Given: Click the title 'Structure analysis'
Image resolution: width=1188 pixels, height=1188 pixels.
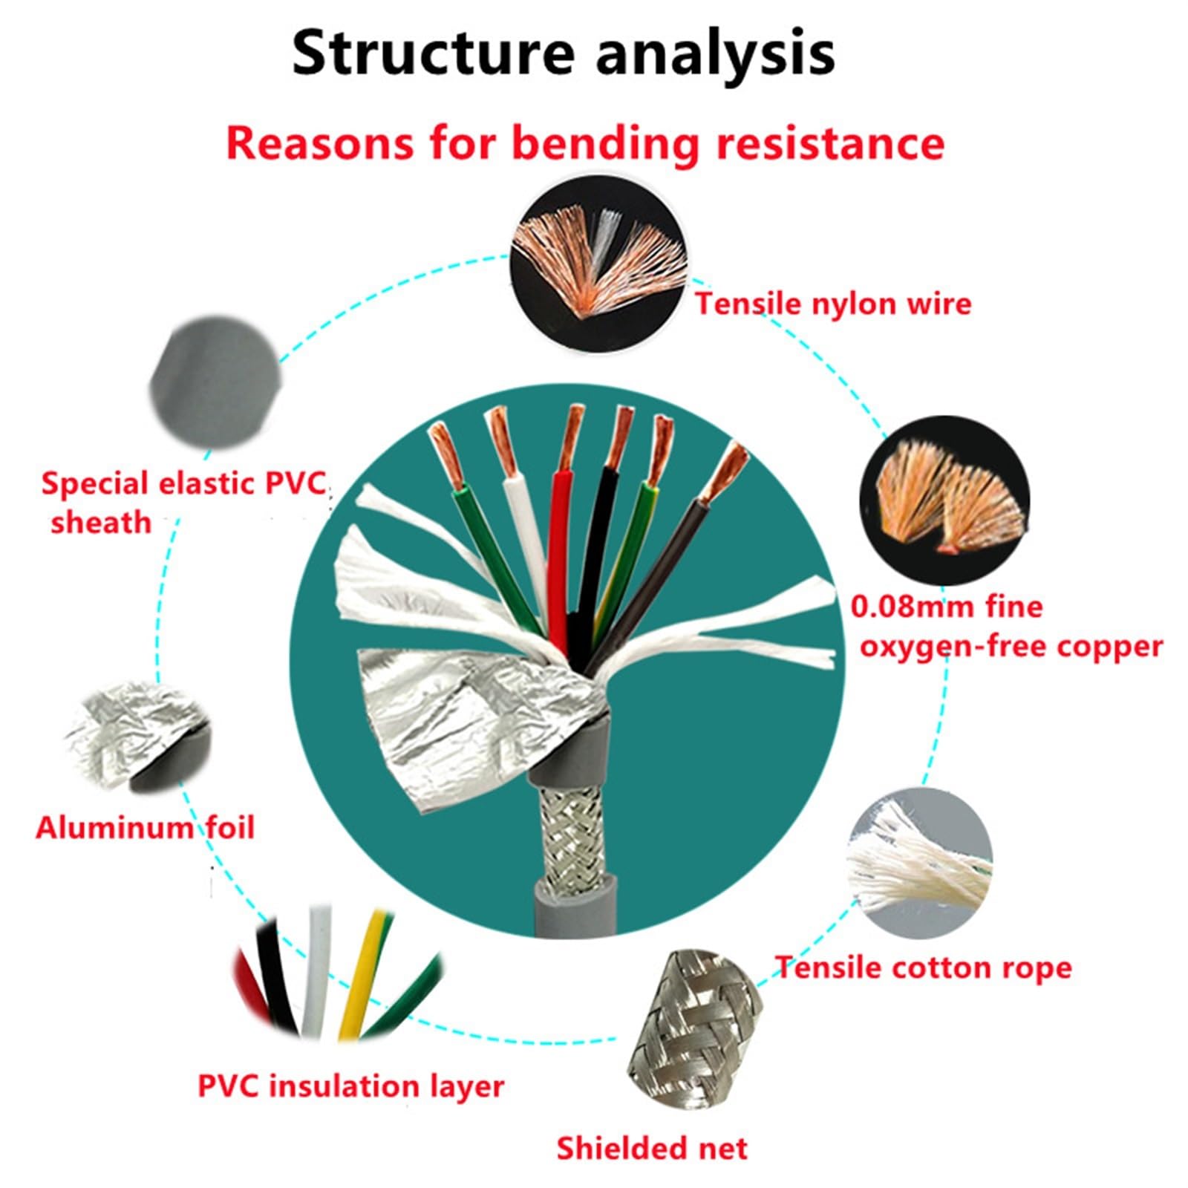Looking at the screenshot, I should pos(564,53).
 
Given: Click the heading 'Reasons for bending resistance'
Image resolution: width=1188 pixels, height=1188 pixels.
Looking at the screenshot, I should pos(584,143).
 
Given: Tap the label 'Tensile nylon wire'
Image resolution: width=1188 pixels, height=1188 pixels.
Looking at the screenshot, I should pos(832,304).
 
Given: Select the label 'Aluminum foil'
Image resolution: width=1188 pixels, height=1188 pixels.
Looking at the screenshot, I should pos(145,827).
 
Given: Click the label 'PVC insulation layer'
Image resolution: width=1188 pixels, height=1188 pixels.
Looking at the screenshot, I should pos(350,1086).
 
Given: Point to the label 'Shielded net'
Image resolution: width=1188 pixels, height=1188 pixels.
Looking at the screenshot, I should pos(652,1148).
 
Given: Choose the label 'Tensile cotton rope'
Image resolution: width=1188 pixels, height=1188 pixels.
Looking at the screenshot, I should pos(924,967).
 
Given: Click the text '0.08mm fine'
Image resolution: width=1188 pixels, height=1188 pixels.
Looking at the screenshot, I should pos(946,607).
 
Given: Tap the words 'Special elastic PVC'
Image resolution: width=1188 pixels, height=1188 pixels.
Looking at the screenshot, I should pos(183,483).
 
